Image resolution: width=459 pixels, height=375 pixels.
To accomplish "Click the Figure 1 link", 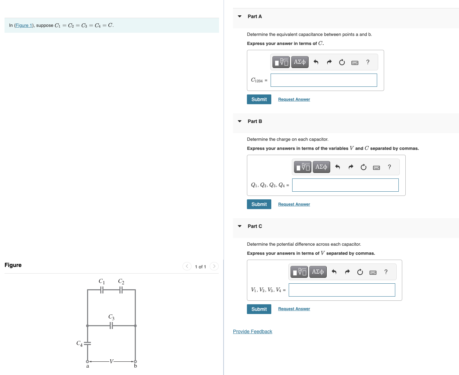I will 24,25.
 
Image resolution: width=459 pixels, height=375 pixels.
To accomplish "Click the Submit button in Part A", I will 259,99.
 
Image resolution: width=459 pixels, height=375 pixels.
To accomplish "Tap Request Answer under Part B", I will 294,204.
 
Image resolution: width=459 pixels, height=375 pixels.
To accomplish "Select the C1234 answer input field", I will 324,80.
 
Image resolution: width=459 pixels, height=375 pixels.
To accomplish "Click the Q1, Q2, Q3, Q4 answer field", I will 345,185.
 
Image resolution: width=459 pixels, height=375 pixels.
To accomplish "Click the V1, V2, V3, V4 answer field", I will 342,290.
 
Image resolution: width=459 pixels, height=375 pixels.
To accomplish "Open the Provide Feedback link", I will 252,331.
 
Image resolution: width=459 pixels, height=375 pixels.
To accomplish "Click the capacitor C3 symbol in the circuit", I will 111,326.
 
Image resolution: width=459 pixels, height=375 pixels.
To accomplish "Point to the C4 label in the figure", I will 79,344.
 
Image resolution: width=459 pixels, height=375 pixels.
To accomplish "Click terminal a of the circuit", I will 87,361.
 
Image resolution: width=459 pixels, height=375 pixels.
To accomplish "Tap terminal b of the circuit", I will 135,361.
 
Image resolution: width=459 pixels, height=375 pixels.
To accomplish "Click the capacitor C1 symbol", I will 102,290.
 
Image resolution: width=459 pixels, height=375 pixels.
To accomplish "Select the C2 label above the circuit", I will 121,281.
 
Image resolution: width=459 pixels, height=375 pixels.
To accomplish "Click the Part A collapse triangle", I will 240,16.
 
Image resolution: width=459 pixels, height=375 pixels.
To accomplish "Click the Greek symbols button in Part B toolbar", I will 321,167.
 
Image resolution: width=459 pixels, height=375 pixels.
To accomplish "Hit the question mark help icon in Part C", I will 386,272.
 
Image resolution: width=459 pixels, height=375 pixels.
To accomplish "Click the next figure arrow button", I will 214,266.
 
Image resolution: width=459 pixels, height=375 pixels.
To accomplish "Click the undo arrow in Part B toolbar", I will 337,167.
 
